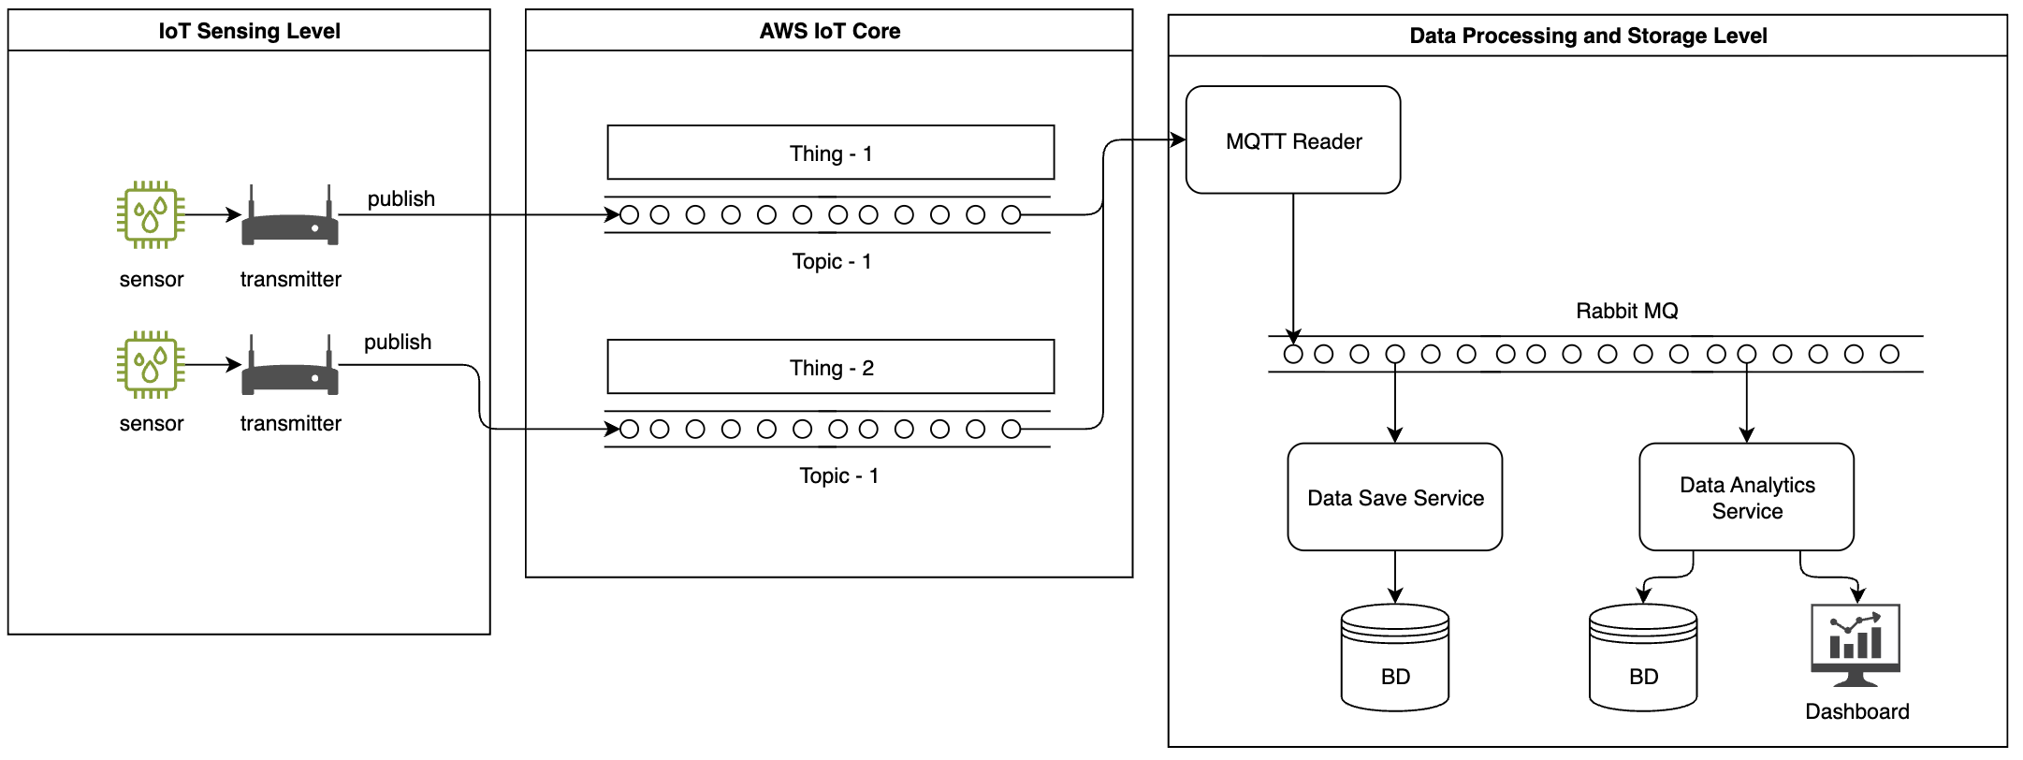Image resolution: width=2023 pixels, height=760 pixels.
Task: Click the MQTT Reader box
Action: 1292,140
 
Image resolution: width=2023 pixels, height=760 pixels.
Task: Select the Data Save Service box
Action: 1394,497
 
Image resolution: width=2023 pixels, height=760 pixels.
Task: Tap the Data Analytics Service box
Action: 1746,497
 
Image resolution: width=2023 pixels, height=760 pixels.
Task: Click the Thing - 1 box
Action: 830,153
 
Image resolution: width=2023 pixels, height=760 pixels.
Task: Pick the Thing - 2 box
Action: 830,367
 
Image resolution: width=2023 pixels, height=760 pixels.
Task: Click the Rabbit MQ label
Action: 1626,311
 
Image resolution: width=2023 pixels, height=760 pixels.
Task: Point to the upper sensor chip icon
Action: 151,214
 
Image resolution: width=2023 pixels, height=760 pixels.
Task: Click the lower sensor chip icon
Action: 151,364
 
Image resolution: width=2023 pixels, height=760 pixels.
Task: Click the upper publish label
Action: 400,198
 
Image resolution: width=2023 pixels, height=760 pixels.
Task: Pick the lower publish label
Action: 398,342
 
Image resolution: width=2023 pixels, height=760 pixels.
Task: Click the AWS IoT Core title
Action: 829,31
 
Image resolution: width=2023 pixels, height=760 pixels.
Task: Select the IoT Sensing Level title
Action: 249,31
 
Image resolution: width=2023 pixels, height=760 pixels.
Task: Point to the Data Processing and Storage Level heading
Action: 1588,36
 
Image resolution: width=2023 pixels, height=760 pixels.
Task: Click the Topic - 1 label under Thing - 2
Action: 838,475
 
